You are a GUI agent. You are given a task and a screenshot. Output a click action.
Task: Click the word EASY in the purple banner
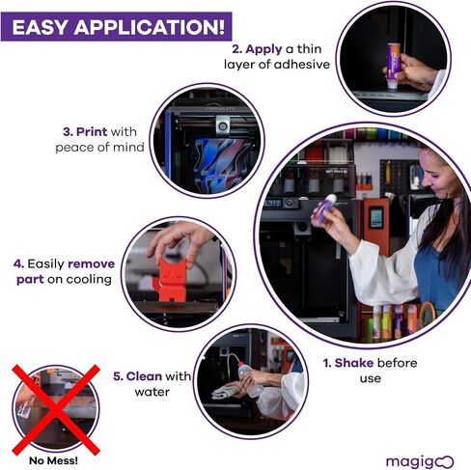40,27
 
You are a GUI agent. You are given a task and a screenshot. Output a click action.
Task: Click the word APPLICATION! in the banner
150,27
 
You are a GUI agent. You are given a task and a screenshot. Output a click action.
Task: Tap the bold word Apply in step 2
263,49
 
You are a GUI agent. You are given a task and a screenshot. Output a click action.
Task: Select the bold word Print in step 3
92,132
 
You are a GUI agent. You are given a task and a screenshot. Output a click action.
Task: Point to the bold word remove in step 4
92,264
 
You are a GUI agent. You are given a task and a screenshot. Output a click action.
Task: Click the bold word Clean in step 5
144,376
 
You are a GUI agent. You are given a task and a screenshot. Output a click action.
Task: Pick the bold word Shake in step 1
354,363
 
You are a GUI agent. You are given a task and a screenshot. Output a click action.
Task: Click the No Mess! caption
53,460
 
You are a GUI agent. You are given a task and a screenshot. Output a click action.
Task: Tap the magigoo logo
420,462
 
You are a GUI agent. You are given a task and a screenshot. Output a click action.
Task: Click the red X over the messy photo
56,410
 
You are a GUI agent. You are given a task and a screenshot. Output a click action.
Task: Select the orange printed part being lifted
170,278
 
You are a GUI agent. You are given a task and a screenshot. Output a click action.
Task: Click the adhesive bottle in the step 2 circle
394,66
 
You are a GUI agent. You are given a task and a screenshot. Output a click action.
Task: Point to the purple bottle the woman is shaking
322,209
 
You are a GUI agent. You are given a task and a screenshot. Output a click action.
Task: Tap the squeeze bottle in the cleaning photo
249,376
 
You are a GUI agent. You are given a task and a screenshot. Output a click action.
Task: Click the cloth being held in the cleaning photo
225,391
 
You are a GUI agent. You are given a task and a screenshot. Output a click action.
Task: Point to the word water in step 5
152,392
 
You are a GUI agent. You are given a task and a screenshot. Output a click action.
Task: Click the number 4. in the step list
18,264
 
